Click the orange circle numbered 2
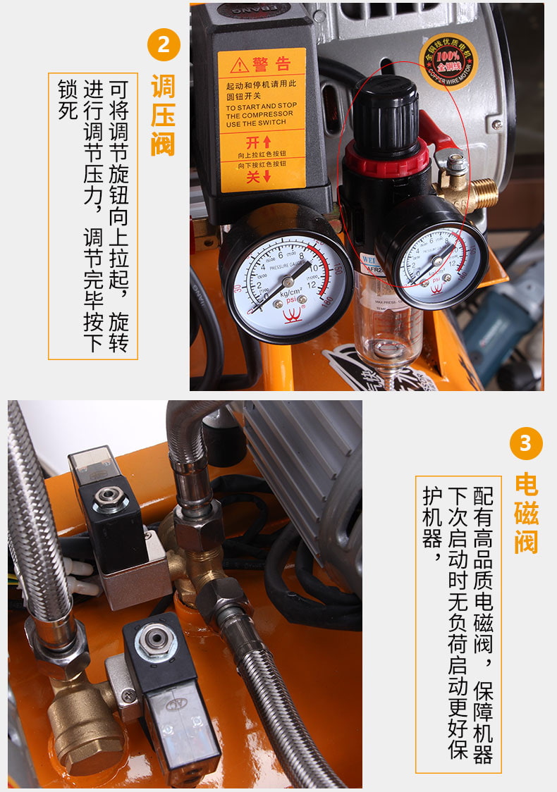164,44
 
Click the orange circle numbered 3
525,443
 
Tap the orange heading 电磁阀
526,513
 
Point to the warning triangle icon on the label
240,65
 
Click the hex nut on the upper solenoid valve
109,497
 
